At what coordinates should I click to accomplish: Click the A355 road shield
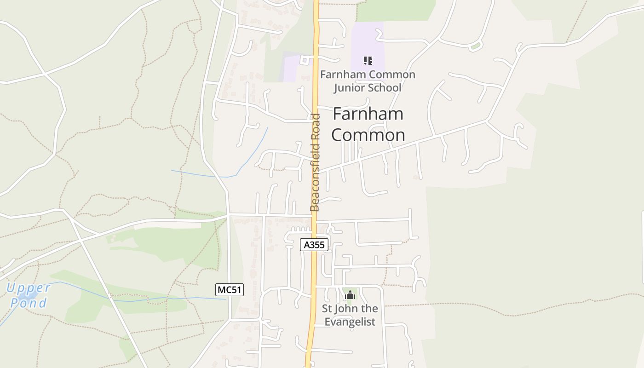click(315, 245)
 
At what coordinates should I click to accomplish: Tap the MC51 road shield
click(229, 290)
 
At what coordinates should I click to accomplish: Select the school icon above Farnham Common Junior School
click(368, 60)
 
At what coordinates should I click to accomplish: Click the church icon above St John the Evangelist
click(350, 295)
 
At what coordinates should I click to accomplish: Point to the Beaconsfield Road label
click(315, 162)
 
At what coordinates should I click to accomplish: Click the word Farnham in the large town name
click(368, 114)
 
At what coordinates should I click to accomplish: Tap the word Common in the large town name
click(368, 135)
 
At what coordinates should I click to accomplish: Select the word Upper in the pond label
click(28, 288)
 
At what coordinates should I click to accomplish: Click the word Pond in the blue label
click(29, 303)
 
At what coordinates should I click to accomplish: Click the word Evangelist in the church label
click(350, 322)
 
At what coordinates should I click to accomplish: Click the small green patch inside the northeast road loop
click(475, 46)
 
